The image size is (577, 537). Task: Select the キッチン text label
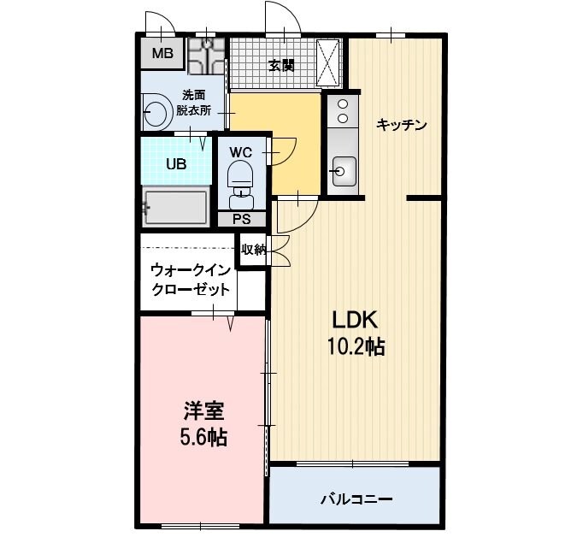click(401, 125)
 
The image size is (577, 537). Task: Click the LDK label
click(355, 320)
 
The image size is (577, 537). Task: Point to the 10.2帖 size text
click(355, 346)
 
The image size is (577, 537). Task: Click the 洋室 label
click(203, 410)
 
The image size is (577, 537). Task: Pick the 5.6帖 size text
click(203, 438)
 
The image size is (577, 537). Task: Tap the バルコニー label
click(356, 498)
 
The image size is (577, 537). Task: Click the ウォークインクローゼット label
click(190, 280)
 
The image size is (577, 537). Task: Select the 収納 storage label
click(253, 250)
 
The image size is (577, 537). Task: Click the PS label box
click(240, 219)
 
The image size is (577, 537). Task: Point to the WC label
click(240, 152)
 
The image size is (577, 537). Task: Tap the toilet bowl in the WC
click(240, 178)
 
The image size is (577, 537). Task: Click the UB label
click(176, 165)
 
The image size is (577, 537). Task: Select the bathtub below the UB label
click(176, 206)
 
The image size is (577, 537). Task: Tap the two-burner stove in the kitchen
click(342, 112)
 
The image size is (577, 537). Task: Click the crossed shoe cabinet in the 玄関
click(328, 62)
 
